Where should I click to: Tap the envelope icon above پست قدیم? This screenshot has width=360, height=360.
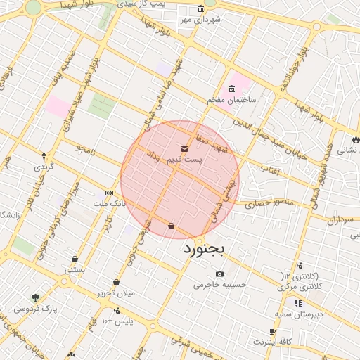pos(184,149)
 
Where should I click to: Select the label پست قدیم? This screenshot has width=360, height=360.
pos(184,160)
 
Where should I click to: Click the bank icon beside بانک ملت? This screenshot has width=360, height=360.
pos(109,193)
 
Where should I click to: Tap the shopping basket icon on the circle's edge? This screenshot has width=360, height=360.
pos(172,226)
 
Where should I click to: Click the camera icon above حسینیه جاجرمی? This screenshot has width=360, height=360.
pos(220,274)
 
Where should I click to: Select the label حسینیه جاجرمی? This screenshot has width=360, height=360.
pos(220,285)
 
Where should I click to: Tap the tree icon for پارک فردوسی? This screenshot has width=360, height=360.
pos(35,297)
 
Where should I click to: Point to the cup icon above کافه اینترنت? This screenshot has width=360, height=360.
pos(272,331)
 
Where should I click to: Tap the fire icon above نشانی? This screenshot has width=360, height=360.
pos(356,139)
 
